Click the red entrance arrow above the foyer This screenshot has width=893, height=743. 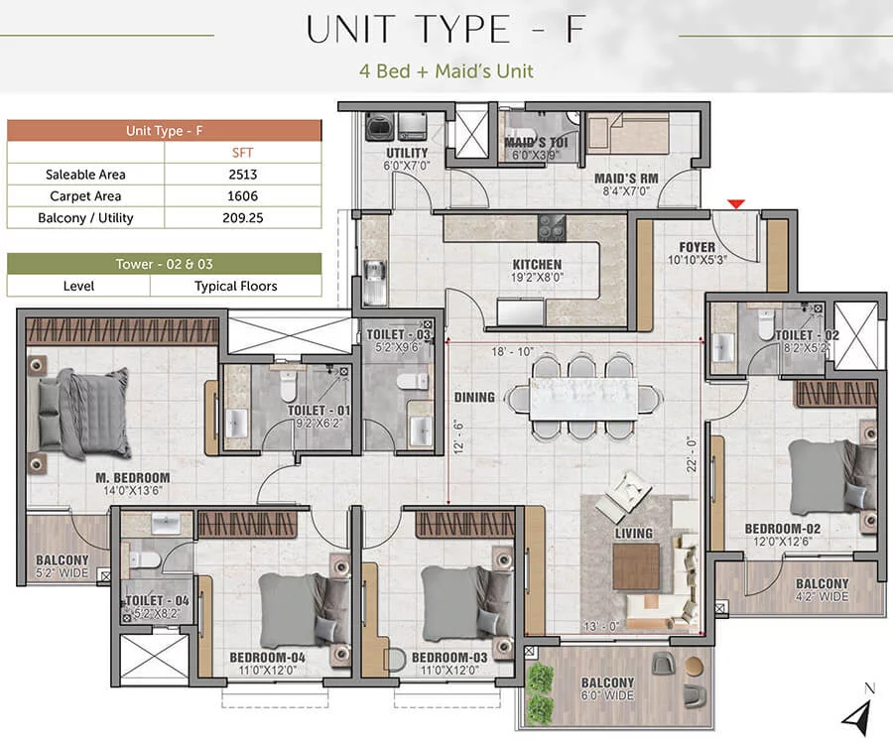pyautogui.click(x=736, y=203)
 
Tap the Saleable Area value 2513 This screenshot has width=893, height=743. pyautogui.click(x=243, y=175)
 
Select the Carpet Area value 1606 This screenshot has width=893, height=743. pyautogui.click(x=243, y=195)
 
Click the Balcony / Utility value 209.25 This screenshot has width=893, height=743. pyautogui.click(x=243, y=217)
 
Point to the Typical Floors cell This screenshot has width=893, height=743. pyautogui.click(x=236, y=286)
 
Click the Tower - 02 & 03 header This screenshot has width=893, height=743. pyautogui.click(x=164, y=264)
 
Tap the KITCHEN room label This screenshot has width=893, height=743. pyautogui.click(x=537, y=265)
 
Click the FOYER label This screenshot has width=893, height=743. pyautogui.click(x=698, y=247)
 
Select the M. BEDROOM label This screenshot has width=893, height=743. pyautogui.click(x=133, y=478)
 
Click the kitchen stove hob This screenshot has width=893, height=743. pyautogui.click(x=552, y=228)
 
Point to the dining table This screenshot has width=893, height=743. pyautogui.click(x=583, y=399)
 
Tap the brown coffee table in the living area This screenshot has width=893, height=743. pyautogui.click(x=636, y=566)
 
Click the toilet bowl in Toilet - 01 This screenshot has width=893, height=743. pyautogui.click(x=288, y=387)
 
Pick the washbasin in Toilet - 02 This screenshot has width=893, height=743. pyautogui.click(x=722, y=347)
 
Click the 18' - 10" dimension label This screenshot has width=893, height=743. pyautogui.click(x=512, y=352)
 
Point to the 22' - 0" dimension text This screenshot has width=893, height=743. pyautogui.click(x=692, y=454)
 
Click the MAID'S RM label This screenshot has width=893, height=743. pyautogui.click(x=626, y=179)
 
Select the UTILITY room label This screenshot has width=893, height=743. pyautogui.click(x=407, y=153)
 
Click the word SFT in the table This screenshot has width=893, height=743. pyautogui.click(x=243, y=153)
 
